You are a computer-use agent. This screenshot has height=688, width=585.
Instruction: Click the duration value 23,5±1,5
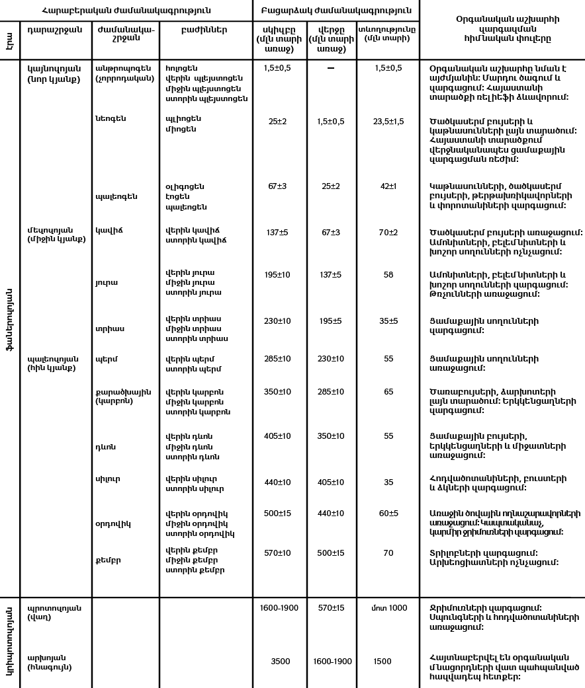click(388, 122)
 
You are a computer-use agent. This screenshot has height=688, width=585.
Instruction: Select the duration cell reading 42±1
click(388, 186)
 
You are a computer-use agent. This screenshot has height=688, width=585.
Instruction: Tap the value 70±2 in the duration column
click(388, 232)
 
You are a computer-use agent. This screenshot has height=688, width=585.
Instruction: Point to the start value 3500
click(281, 661)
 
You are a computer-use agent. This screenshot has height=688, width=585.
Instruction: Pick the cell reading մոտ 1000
click(388, 608)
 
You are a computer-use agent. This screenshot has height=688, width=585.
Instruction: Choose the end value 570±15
click(331, 608)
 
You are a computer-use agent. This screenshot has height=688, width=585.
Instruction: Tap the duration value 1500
click(382, 661)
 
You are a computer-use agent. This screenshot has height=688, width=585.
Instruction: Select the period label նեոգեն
click(111, 119)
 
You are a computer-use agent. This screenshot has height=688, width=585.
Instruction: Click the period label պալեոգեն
click(116, 196)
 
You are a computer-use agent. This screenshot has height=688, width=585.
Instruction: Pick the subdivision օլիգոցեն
click(185, 187)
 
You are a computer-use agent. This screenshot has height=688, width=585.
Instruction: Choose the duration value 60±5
click(388, 513)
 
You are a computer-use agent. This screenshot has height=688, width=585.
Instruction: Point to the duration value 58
click(388, 274)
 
